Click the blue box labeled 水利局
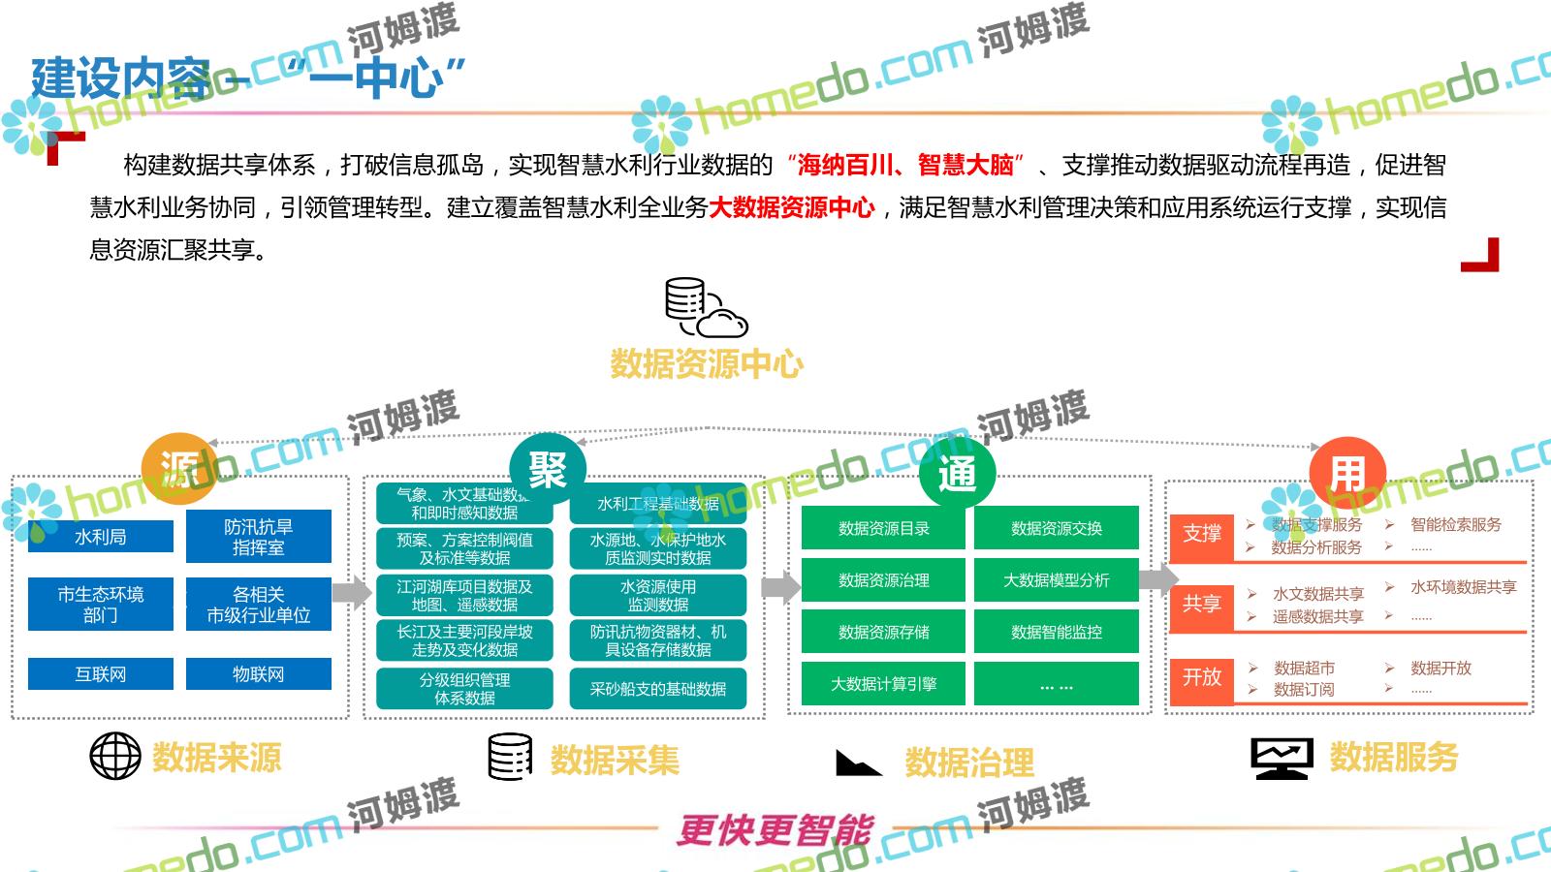[x=101, y=537]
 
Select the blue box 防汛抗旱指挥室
[x=259, y=537]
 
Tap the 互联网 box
[x=101, y=674]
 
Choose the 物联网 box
[x=259, y=674]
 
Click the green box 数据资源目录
[x=883, y=528]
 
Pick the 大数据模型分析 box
[x=1057, y=579]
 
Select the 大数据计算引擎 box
[x=883, y=683]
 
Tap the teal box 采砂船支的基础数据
[x=658, y=689]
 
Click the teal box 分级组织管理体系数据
[x=464, y=689]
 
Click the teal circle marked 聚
[x=548, y=471]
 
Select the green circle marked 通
[x=957, y=473]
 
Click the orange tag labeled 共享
[x=1201, y=604]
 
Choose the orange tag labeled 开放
[x=1201, y=677]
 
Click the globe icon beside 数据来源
[x=115, y=756]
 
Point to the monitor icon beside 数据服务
[x=1282, y=758]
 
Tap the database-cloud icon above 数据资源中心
[x=705, y=307]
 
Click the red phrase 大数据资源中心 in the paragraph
[x=792, y=207]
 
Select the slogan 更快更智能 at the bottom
[x=775, y=830]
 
